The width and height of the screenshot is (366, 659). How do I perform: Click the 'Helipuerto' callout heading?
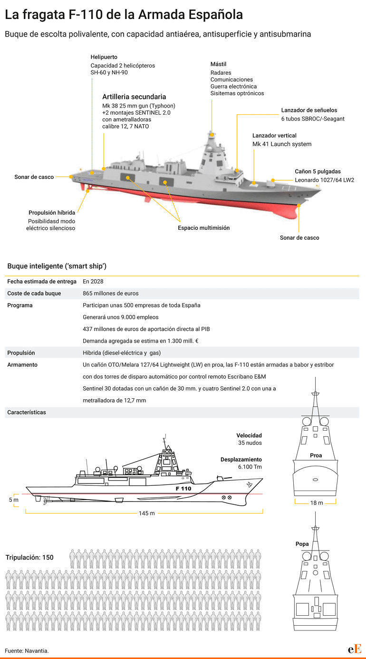pos(104,57)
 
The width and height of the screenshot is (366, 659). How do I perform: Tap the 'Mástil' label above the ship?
pos(219,64)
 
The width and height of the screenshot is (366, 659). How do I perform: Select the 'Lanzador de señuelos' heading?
pos(309,110)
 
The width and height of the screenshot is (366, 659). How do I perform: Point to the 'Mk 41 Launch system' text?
pos(282,144)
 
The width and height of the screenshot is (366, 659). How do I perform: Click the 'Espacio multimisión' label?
pos(204,228)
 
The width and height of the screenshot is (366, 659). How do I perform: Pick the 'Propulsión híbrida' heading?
pos(52,213)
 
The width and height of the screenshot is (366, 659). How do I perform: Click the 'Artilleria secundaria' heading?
pos(134,97)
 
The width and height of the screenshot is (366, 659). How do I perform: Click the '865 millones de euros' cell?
pos(111,293)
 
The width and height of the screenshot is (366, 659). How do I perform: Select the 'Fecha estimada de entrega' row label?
pos(42,282)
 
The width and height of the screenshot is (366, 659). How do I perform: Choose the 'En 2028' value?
pos(93,282)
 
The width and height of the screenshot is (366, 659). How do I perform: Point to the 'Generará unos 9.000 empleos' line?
pos(121,317)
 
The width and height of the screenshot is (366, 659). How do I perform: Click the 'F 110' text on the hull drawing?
pos(183,489)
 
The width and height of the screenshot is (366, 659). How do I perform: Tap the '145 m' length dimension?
pos(147,513)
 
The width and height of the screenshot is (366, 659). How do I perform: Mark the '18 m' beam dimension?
pos(317,503)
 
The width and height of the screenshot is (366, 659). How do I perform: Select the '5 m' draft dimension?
pos(13,500)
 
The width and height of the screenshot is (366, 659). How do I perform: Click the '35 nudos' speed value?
pos(250,443)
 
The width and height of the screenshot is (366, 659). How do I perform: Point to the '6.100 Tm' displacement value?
pos(250,467)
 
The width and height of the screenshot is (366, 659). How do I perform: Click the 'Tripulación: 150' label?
pos(29,558)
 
